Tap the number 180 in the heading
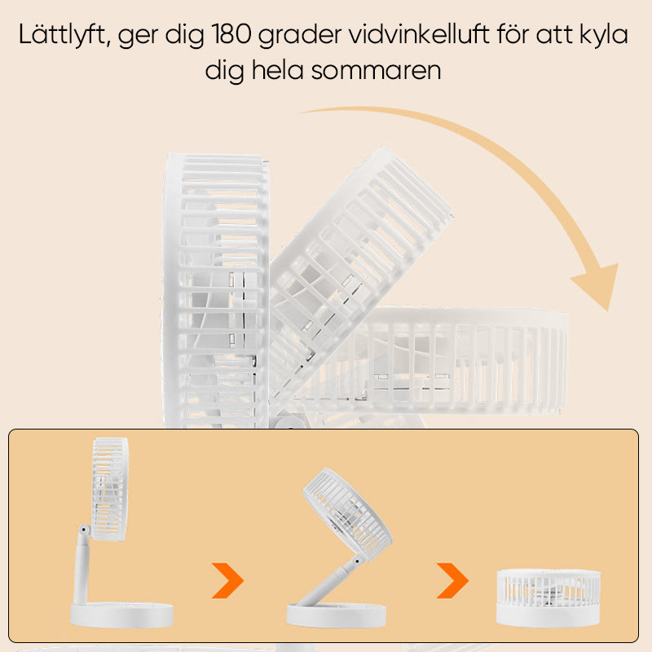coord(236,37)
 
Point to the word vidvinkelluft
coord(421,37)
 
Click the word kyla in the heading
coord(602,37)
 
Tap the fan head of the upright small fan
coord(110,489)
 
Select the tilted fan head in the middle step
coord(346,517)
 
